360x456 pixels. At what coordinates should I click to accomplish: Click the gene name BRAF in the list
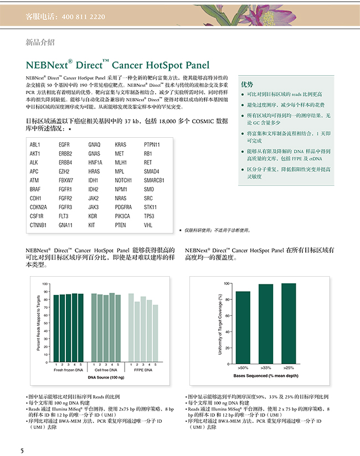pyautogui.click(x=35, y=189)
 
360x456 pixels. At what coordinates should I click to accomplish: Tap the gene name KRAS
pyautogui.click(x=121, y=144)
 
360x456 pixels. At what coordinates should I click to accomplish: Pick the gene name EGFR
pyautogui.click(x=65, y=144)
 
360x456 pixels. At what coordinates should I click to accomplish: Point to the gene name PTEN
pyautogui.click(x=120, y=225)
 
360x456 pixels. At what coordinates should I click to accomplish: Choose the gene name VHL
pyautogui.click(x=148, y=225)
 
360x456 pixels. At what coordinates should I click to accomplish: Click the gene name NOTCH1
pyautogui.click(x=123, y=180)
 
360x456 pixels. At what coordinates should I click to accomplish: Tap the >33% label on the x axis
pyautogui.click(x=265, y=367)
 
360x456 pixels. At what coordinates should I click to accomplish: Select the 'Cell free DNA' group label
pyautogui.click(x=105, y=369)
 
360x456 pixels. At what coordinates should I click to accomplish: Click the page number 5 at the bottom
pyautogui.click(x=22, y=449)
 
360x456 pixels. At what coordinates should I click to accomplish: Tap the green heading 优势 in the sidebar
pyautogui.click(x=248, y=84)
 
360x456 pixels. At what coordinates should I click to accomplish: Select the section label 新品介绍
pyautogui.click(x=40, y=42)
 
